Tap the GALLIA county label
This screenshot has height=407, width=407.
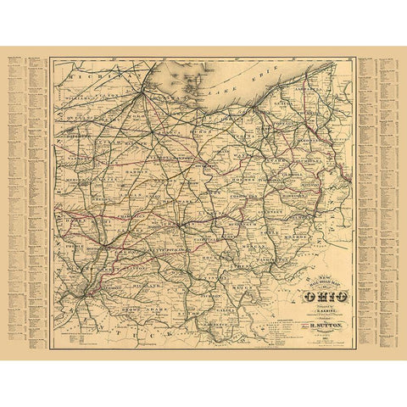coord(219,310)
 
